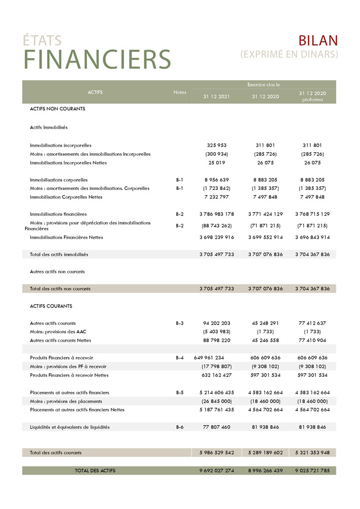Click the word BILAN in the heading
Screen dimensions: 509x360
pyautogui.click(x=318, y=41)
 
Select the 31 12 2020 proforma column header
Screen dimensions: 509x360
pyautogui.click(x=313, y=96)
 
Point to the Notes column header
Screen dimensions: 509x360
pyautogui.click(x=179, y=92)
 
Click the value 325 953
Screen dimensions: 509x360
pyautogui.click(x=217, y=145)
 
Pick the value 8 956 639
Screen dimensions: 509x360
pyautogui.click(x=217, y=179)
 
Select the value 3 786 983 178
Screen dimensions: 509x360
pyautogui.click(x=217, y=214)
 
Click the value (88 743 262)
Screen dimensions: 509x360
pyautogui.click(x=217, y=226)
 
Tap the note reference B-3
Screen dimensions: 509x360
pyautogui.click(x=179, y=323)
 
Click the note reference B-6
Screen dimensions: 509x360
pyautogui.click(x=179, y=427)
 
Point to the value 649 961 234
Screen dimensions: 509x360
pyautogui.click(x=208, y=358)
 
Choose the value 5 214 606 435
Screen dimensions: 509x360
pyautogui.click(x=217, y=393)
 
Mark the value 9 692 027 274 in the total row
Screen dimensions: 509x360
pyautogui.click(x=217, y=471)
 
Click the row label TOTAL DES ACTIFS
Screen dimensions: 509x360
pyautogui.click(x=95, y=471)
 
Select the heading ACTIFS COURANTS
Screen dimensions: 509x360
pyautogui.click(x=51, y=306)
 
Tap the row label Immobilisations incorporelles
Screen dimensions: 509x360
pyautogui.click(x=60, y=145)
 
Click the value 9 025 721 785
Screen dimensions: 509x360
pyautogui.click(x=313, y=471)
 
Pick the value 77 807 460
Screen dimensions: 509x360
pyautogui.click(x=217, y=427)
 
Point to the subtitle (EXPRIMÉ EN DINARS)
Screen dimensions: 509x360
pyautogui.click(x=289, y=54)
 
